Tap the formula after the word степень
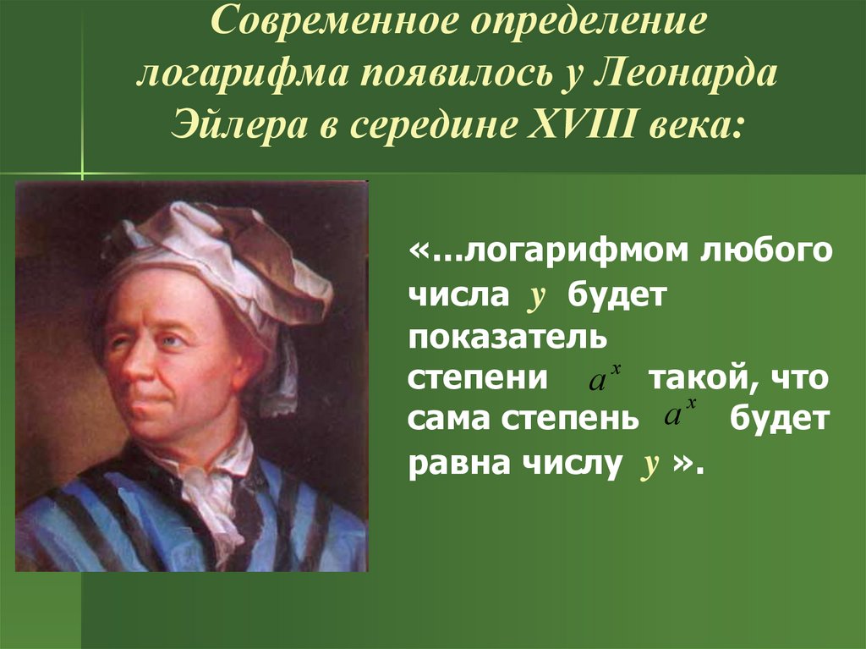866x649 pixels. (x=679, y=416)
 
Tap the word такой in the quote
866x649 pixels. (x=697, y=378)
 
